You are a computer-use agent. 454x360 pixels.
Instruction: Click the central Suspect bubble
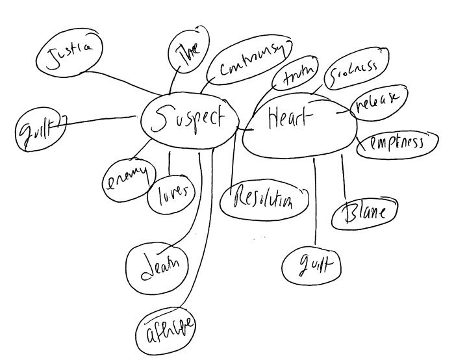coord(188,119)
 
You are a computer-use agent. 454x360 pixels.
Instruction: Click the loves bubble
coord(171,192)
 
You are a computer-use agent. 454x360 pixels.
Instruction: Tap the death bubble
coord(160,266)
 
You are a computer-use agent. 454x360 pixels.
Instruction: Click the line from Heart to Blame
coord(344,175)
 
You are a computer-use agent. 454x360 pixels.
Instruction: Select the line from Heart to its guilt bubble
coord(316,201)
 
